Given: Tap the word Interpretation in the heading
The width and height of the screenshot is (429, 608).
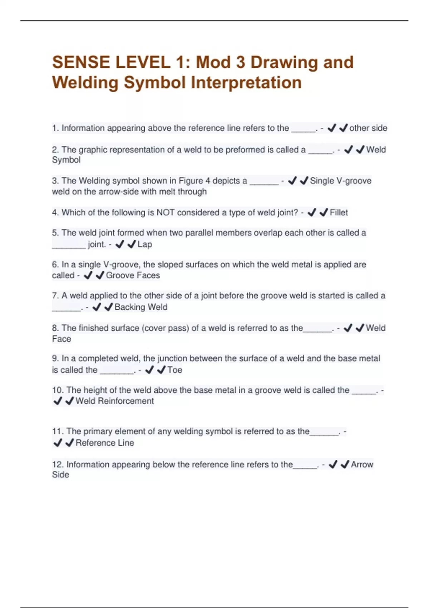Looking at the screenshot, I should tap(246, 83).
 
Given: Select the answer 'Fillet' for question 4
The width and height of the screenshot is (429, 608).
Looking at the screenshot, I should tap(339, 213).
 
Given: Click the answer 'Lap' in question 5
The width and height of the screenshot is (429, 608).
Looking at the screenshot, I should tap(145, 245).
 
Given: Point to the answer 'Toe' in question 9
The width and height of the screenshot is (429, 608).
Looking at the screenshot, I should tap(175, 370).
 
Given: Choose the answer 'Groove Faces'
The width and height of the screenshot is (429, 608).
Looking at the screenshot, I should tap(133, 275).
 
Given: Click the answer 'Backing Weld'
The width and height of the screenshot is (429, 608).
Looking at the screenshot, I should tap(141, 307).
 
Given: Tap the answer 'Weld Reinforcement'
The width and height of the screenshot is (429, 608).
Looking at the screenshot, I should tap(114, 401).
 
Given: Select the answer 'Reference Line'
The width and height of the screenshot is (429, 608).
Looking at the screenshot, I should tap(105, 443).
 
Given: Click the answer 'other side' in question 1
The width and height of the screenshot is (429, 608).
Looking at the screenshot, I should tap(368, 128).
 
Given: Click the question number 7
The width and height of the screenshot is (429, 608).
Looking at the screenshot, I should tap(55, 296).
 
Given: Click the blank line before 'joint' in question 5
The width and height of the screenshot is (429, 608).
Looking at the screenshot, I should tap(69, 245).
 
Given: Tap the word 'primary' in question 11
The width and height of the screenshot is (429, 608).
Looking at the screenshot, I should tap(98, 432).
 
